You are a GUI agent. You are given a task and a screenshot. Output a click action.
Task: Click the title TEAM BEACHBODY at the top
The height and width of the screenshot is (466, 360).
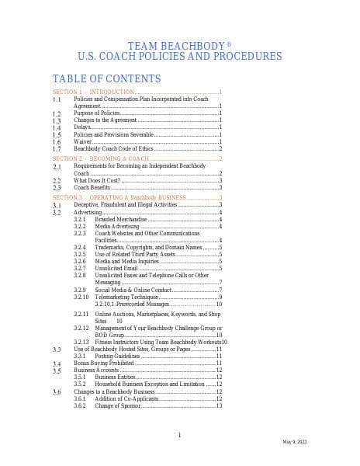(179, 46)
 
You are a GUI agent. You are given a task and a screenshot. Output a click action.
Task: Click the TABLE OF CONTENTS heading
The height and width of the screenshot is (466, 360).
(106, 78)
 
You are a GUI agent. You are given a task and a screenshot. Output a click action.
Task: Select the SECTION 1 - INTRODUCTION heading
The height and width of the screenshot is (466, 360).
(93, 92)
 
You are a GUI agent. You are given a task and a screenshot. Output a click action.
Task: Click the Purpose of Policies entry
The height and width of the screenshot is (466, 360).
(97, 113)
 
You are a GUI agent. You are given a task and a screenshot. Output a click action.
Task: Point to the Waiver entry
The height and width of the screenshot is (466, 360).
(83, 141)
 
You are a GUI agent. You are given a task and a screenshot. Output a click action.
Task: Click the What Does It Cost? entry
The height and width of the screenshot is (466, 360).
(101, 180)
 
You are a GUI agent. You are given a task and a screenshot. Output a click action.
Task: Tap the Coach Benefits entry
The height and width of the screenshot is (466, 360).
(92, 187)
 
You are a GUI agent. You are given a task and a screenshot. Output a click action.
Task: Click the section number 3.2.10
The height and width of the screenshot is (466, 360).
(81, 297)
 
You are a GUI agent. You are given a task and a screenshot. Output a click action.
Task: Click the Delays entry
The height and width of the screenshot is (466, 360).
(82, 127)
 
